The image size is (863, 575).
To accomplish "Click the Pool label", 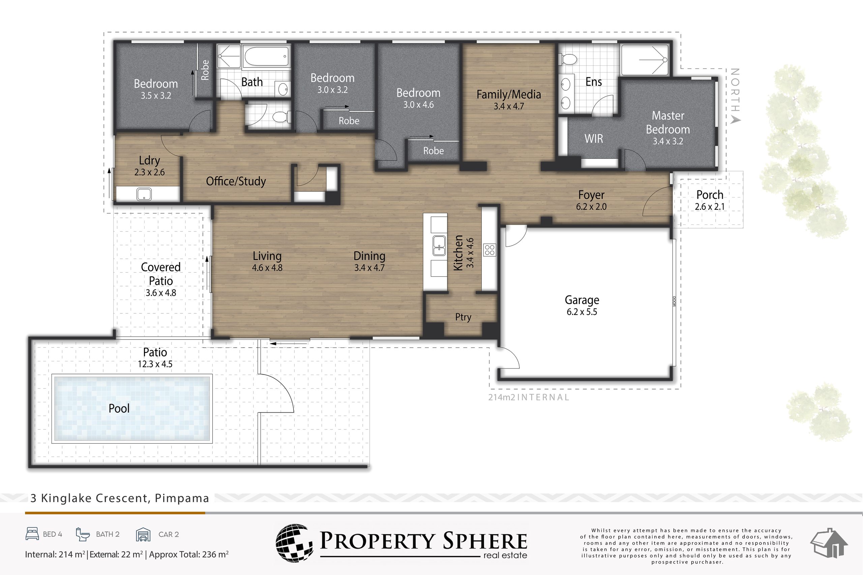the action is [x=119, y=408].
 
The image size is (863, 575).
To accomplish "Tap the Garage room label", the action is [x=582, y=300].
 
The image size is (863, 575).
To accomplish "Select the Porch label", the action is [x=710, y=195].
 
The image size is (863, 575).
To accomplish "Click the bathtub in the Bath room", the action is [x=267, y=57].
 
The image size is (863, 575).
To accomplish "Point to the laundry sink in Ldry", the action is [x=144, y=194].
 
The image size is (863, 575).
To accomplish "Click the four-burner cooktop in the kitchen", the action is [x=490, y=250].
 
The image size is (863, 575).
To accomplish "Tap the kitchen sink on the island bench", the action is [x=439, y=246].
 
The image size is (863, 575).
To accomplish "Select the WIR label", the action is [x=594, y=139].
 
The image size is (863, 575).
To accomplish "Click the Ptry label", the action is [x=463, y=317].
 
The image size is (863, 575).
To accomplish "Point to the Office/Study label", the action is [x=236, y=181].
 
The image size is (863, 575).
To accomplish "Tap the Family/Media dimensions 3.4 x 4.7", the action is [x=509, y=106].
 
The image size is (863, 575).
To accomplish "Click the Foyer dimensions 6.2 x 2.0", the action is [x=591, y=207].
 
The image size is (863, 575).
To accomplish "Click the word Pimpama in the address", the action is [x=182, y=498].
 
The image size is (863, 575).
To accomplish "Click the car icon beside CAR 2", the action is [x=143, y=535].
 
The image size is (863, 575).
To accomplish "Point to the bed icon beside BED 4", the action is [x=32, y=534].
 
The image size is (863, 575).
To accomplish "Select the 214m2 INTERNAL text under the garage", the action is [x=528, y=397].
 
